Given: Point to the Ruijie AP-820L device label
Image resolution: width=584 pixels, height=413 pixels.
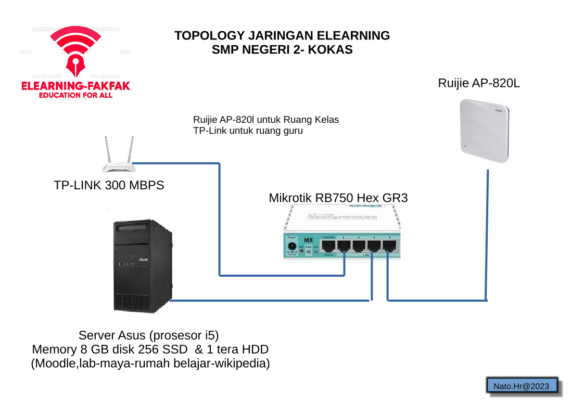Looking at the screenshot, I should pos(479,83).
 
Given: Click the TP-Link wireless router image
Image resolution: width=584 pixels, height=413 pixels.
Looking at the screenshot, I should pos(119,156).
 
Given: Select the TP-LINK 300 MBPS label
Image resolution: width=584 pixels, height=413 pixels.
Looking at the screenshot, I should pos(109,185).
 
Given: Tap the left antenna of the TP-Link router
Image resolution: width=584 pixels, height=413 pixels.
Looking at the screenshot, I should pos(107,150).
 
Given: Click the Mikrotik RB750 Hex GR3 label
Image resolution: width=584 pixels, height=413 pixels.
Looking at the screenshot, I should pos(338,198).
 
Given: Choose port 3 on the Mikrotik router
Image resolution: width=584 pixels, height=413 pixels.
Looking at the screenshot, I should pos(359,246).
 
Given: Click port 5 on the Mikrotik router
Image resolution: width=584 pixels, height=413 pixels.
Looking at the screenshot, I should pos(389,246).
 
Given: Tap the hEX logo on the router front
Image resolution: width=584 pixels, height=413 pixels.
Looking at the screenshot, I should pos(308,240).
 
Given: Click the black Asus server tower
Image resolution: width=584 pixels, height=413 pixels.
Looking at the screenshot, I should pos(143,265).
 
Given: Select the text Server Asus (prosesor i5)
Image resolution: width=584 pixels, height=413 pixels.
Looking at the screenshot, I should pos(152,334).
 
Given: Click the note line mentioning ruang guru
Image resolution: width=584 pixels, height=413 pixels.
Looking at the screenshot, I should pos(248,131).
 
